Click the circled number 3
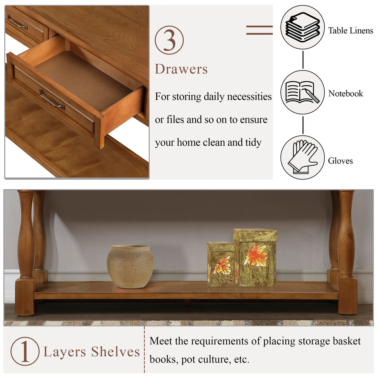169,40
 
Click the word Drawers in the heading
181,69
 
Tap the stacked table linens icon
302,27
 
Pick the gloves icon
302,157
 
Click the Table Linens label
351,30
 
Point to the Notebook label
346,93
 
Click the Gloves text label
340,161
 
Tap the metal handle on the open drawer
52,99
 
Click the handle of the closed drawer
17,22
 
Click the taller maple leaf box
256,257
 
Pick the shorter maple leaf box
221,264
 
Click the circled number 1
25,351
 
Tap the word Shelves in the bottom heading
116,352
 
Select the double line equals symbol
259,30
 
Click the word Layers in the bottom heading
65,352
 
